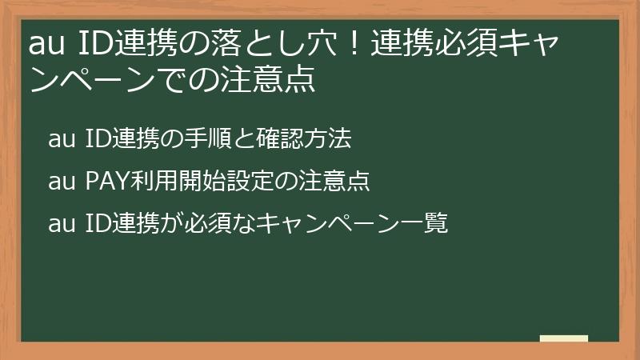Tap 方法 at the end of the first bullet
(x=331, y=139)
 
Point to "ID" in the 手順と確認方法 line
(x=98, y=139)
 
